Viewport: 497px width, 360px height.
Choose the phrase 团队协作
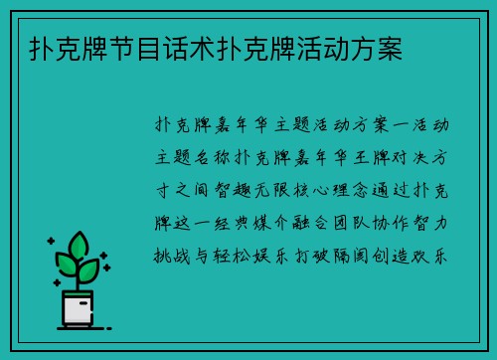381,222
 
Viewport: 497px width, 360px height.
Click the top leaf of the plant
82,245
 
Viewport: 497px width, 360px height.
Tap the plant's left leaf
68,264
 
